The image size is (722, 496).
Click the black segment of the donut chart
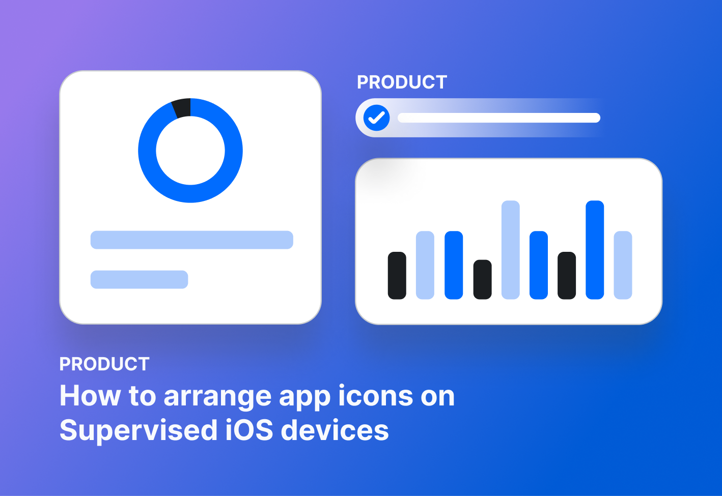[182, 108]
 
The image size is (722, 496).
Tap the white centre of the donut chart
[190, 151]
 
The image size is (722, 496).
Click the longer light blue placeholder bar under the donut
[191, 240]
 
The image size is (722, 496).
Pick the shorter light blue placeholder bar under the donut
[139, 279]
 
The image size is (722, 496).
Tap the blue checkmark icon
[376, 118]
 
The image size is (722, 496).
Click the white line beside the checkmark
[498, 118]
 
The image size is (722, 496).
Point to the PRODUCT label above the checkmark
[402, 82]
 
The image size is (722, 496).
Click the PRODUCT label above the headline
[104, 364]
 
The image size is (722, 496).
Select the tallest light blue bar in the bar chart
[510, 249]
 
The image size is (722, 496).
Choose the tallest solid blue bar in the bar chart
[595, 249]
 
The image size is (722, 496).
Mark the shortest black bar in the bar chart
[482, 279]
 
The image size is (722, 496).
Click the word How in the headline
[90, 396]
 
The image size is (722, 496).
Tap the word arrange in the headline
[217, 397]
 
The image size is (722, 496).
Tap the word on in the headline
[437, 397]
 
